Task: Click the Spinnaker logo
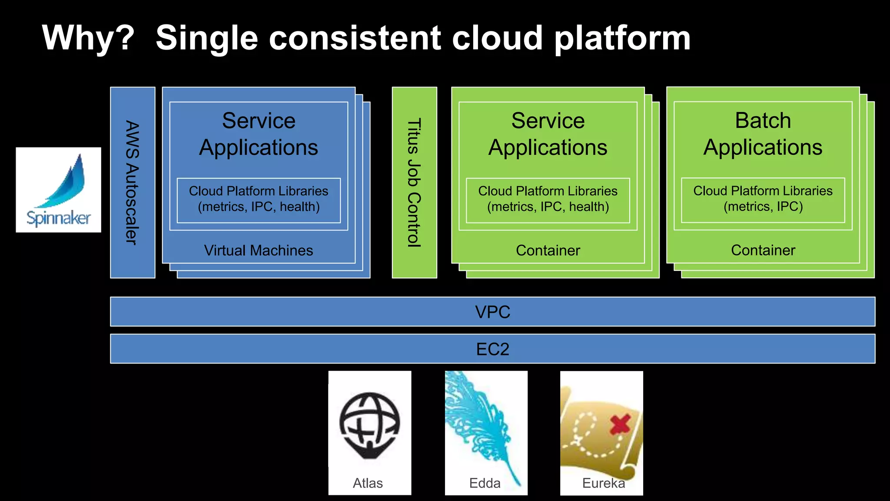click(59, 190)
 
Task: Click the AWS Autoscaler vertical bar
click(133, 182)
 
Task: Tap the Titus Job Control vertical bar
click(414, 182)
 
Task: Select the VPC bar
click(492, 312)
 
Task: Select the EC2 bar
click(492, 349)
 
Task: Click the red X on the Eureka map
click(620, 424)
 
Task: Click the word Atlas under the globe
click(368, 483)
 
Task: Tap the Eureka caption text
click(603, 483)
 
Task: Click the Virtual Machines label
click(259, 250)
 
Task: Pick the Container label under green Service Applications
click(548, 250)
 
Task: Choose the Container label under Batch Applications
click(763, 250)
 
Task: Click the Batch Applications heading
click(763, 134)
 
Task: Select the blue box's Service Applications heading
click(259, 134)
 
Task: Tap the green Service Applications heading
click(548, 134)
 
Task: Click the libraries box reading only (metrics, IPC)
click(763, 199)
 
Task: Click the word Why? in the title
click(88, 38)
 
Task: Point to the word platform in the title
click(622, 38)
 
